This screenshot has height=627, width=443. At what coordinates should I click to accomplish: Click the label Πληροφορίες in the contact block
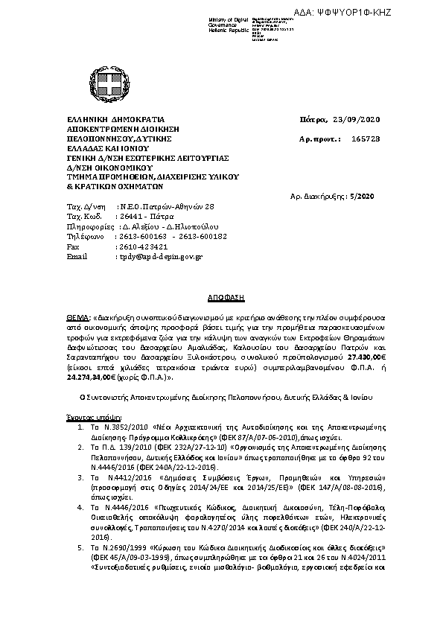[x=91, y=225]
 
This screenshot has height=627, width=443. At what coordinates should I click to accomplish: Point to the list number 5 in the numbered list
[x=80, y=547]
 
